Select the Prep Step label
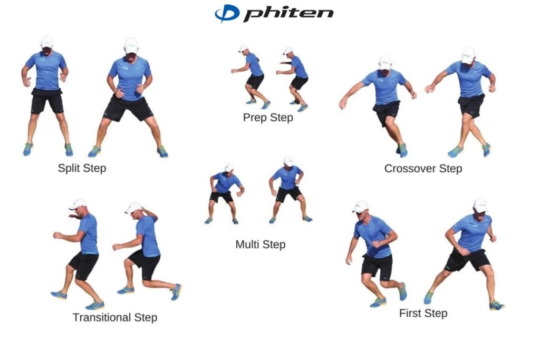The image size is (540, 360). coord(268,117)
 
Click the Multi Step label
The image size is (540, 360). coord(260,245)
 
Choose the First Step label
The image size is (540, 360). coord(423,313)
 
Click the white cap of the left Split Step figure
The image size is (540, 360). coord(47,41)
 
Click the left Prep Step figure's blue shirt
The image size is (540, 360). coord(254,65)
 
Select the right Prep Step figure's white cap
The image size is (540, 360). coord(287,51)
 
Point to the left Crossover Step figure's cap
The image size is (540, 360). coord(385,62)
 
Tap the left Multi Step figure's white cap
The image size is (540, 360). coord(228,168)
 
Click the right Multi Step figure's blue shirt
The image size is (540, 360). coord(287,177)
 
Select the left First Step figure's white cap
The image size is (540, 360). coord(361,206)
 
